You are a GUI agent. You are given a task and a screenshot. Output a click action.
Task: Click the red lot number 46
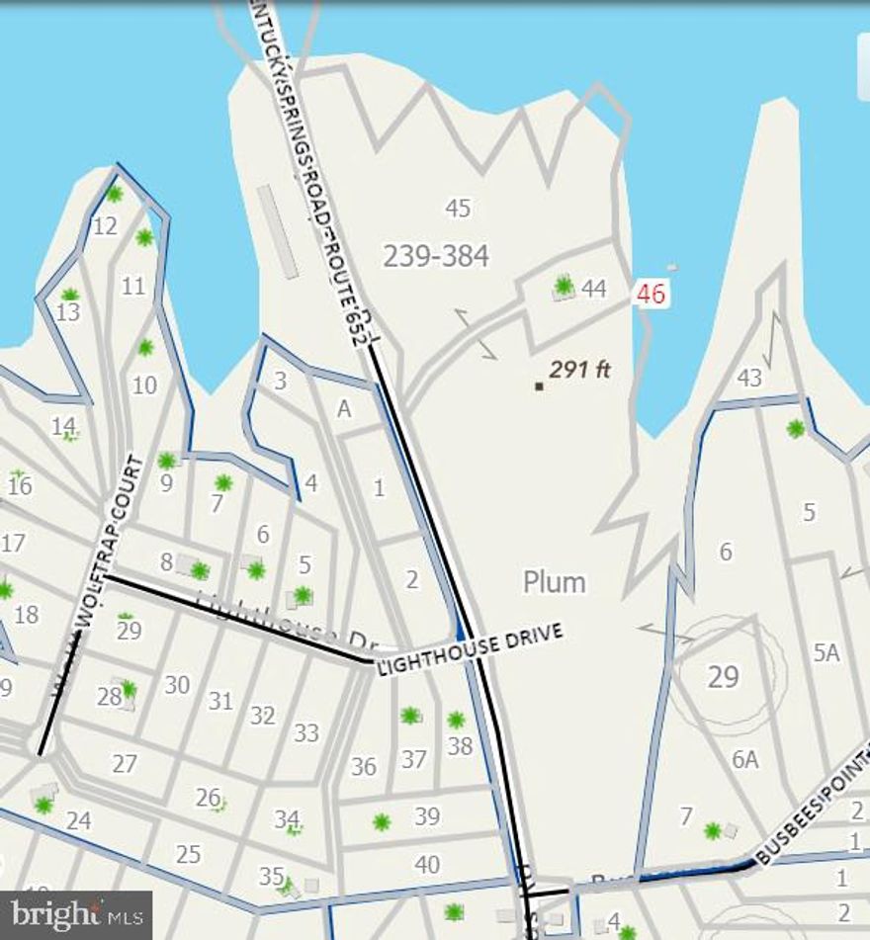652,294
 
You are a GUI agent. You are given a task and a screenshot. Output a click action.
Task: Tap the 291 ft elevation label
580,370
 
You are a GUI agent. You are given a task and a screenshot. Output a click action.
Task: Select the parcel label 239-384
436,256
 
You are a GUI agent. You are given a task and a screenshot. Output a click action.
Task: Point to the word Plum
555,582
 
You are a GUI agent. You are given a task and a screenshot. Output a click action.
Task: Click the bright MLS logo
76,914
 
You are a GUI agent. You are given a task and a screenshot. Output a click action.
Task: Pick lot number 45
458,209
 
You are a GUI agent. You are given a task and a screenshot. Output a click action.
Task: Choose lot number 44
594,289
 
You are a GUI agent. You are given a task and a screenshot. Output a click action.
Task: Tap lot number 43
749,378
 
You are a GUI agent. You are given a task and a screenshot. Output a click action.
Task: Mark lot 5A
826,652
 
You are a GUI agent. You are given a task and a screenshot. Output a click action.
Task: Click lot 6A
745,759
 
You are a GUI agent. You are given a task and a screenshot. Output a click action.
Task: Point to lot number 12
105,226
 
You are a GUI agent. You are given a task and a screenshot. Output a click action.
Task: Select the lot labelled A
344,409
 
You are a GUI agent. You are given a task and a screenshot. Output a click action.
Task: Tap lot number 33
306,732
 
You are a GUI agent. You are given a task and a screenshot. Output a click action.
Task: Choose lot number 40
427,865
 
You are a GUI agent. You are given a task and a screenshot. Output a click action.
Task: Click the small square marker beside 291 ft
539,385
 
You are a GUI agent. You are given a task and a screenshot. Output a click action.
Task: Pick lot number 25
188,854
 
